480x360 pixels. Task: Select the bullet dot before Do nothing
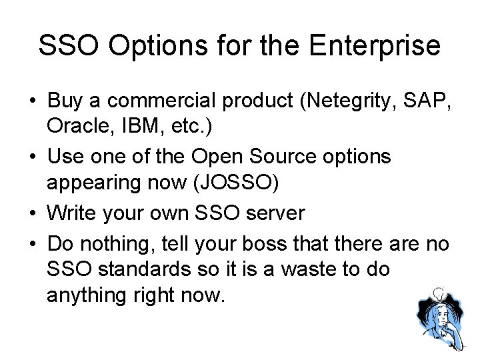(31, 243)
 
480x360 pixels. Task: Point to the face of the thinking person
(436, 315)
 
